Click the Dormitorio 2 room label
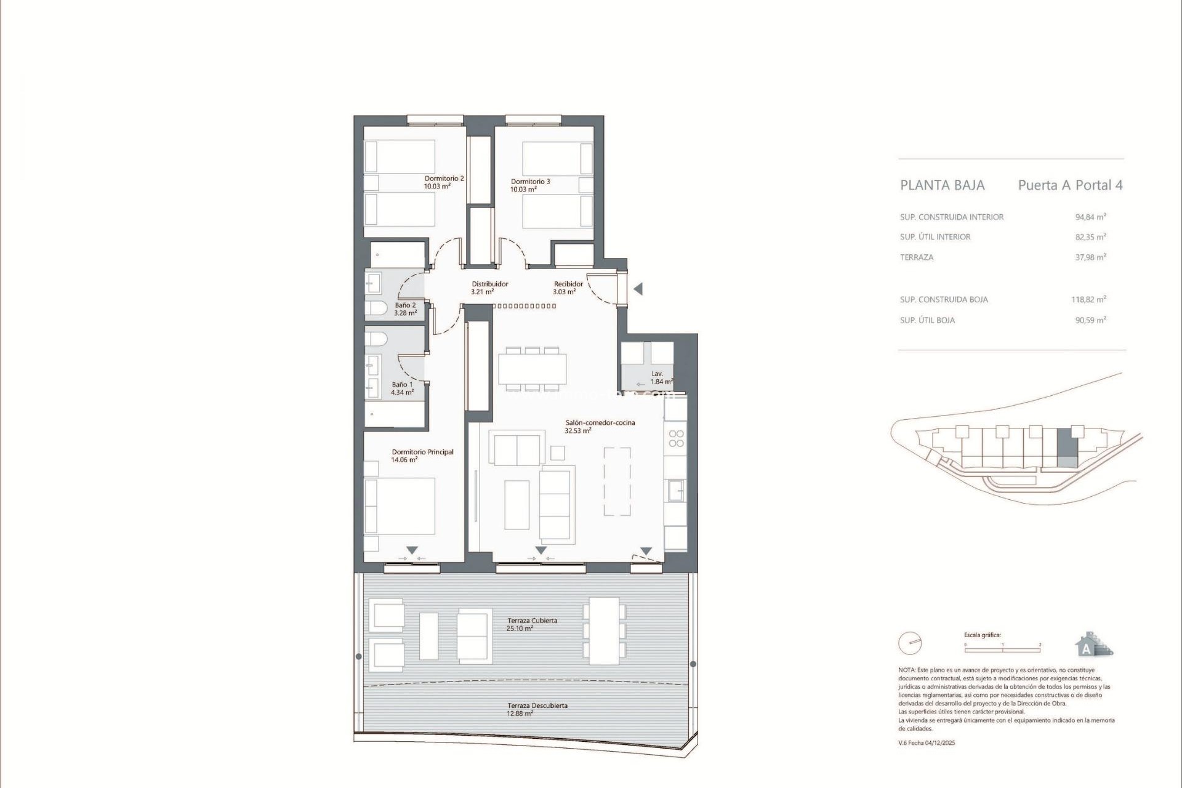443,182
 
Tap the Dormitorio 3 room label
529,185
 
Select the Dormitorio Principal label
422,456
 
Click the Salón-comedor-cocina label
599,427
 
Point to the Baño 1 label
402,388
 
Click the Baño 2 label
405,309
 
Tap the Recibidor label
567,287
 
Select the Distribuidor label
489,287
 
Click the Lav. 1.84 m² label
660,377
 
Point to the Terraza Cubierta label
531,624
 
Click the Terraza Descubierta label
537,709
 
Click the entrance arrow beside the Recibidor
638,289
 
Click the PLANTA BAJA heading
942,185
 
